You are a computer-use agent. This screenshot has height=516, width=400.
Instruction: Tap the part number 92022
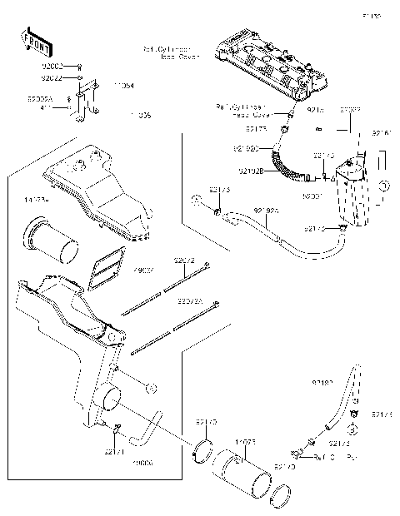(x=52, y=77)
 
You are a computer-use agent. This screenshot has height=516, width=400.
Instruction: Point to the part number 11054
(x=124, y=85)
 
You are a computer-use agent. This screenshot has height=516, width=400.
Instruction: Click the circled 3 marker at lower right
(x=353, y=428)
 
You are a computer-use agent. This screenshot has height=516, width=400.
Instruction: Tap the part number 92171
(x=114, y=452)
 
